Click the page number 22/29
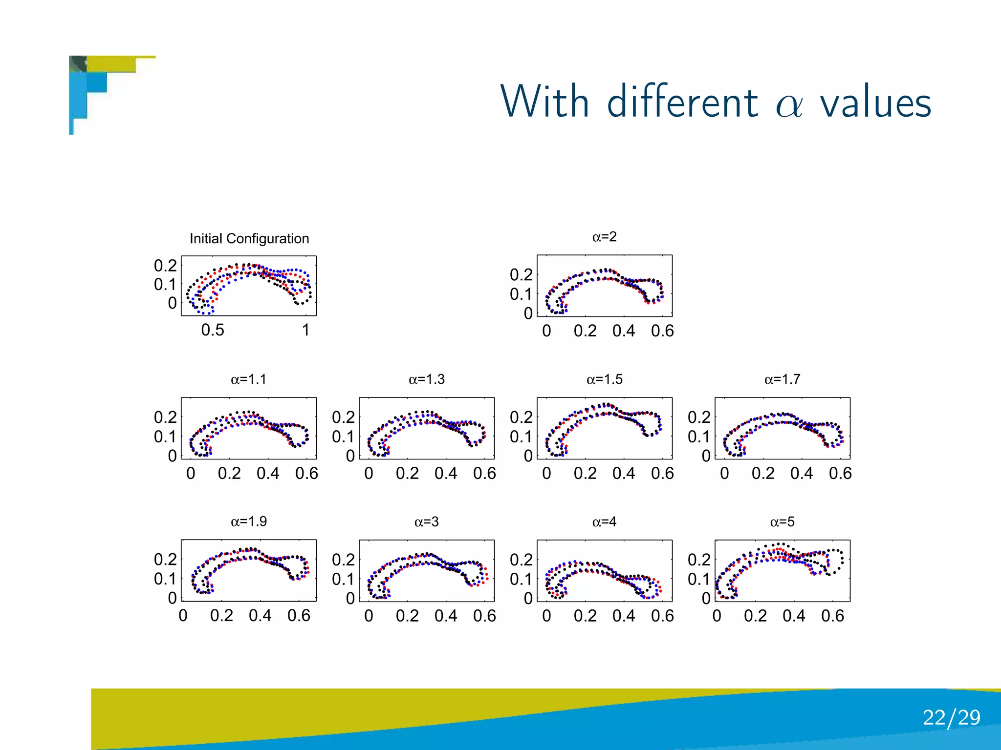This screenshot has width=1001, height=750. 951,717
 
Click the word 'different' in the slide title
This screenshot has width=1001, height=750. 682,102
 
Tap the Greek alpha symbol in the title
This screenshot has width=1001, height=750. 789,105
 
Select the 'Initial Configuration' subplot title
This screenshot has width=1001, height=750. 249,238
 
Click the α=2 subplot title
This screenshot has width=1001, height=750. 604,237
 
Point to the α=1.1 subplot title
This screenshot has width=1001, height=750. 248,379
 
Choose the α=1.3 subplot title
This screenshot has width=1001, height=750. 426,379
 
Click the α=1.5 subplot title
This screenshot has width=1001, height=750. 604,379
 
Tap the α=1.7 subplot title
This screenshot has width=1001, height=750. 782,379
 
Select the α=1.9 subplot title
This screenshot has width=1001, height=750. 248,521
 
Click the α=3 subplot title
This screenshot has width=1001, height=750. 426,522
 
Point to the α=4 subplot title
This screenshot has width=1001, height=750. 604,522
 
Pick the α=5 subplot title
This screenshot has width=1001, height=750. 782,522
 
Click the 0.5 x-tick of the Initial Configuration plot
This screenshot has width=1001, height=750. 213,330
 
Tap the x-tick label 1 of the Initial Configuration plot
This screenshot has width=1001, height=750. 305,330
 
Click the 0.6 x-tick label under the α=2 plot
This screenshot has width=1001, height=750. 662,331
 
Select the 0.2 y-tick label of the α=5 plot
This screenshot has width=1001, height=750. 699,560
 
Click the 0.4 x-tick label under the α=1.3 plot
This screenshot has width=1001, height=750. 445,473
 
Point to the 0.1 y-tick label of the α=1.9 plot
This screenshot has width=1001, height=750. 165,579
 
